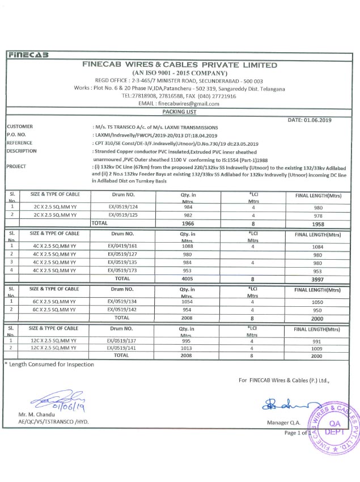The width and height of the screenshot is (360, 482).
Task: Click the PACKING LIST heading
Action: pos(179,113)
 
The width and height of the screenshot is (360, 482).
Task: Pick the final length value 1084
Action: pos(317,247)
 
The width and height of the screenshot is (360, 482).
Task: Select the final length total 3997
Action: pos(317,280)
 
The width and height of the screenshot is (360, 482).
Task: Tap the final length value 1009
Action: pos(317,349)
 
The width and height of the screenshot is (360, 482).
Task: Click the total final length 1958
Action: pos(317,224)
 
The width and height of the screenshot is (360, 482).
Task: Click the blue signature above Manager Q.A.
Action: pos(286,403)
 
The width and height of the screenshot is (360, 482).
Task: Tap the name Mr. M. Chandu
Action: pos(38,415)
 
